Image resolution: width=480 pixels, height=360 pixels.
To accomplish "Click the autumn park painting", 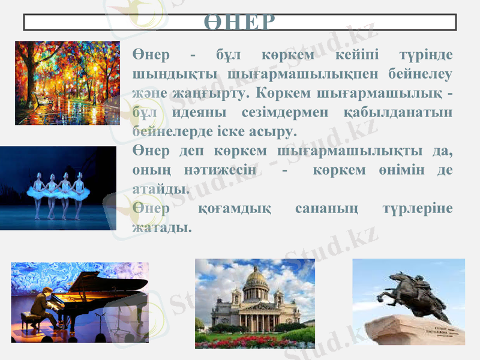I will click(x=67, y=82).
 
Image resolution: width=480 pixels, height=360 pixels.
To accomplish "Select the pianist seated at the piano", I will click(x=40, y=307).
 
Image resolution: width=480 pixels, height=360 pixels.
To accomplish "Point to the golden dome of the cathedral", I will click(x=256, y=277).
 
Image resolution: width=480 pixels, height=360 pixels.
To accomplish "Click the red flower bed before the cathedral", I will click(x=255, y=341).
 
